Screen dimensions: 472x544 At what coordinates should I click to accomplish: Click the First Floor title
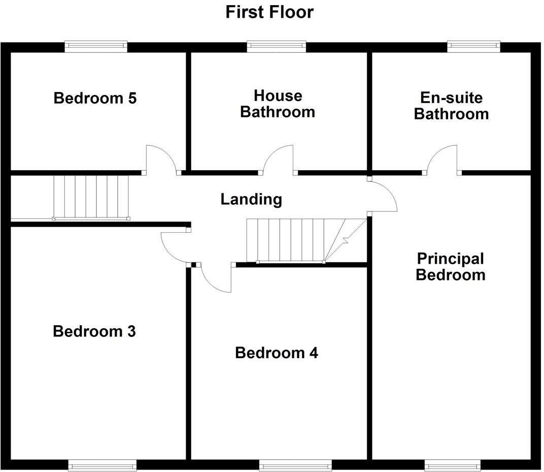[x=269, y=12]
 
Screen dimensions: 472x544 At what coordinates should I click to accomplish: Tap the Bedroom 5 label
[x=95, y=98]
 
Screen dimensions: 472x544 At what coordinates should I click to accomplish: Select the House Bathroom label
[x=278, y=104]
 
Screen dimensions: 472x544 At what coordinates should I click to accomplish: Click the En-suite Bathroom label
[x=451, y=106]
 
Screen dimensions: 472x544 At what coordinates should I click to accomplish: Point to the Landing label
[x=251, y=199]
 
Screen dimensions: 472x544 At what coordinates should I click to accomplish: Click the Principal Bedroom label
[x=451, y=267]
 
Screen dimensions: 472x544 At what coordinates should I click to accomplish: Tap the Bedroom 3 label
[x=94, y=332]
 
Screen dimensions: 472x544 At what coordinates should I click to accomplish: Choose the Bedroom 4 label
[x=277, y=353]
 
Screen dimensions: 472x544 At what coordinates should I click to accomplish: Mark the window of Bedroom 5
[x=96, y=47]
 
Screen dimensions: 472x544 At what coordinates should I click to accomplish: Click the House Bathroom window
[x=277, y=47]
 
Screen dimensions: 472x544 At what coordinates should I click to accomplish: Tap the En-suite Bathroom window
[x=474, y=47]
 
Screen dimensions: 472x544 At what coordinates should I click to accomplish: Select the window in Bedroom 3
[x=102, y=465]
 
